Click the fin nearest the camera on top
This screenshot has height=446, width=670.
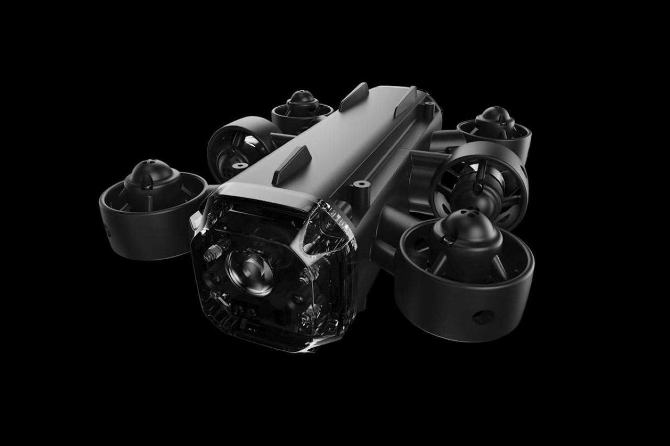click(291, 162)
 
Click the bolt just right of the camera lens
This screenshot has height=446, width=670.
click(303, 278)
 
